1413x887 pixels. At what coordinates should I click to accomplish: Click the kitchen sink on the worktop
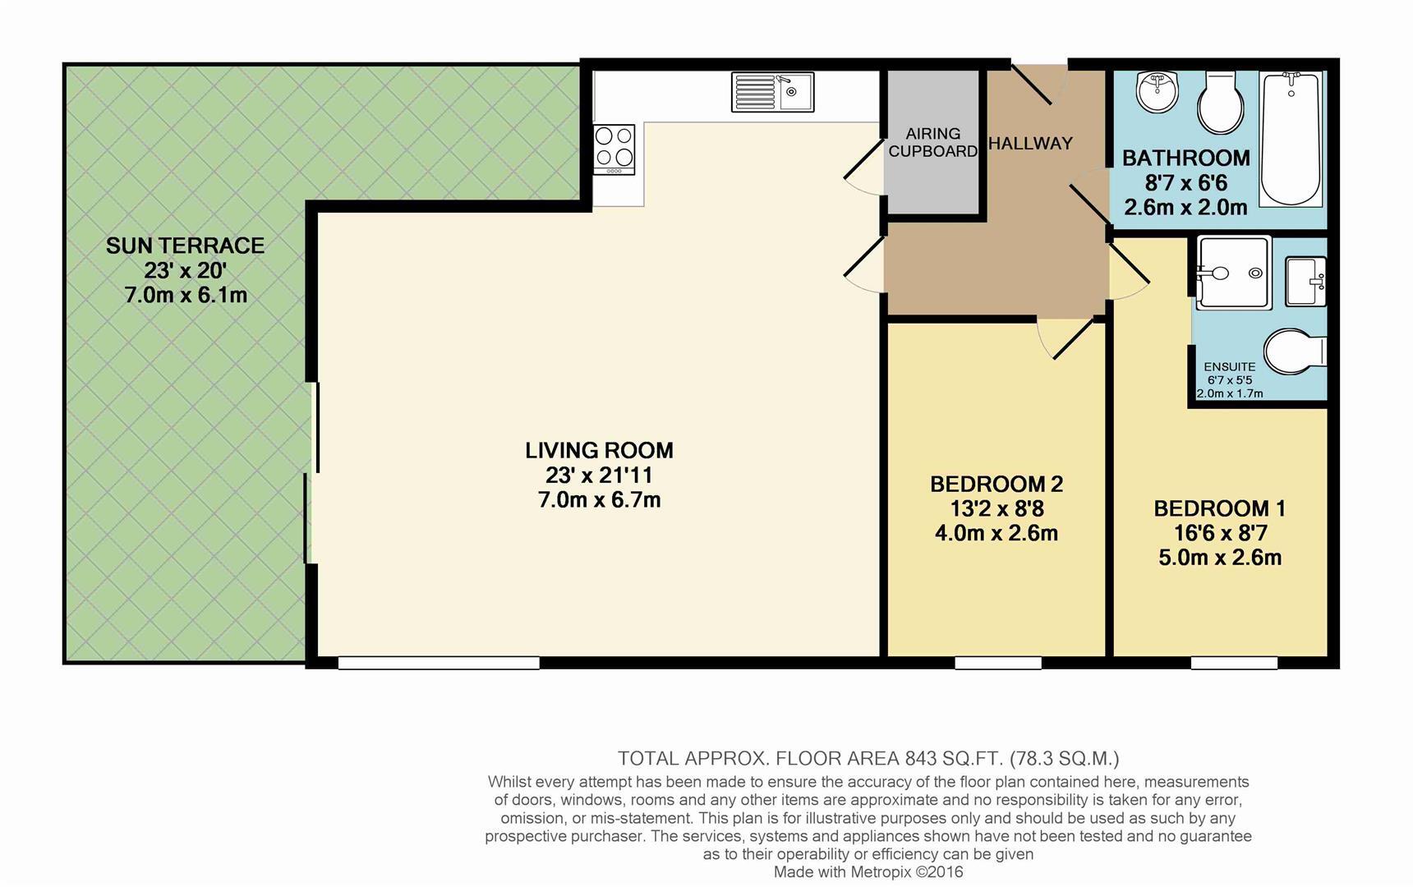click(x=772, y=92)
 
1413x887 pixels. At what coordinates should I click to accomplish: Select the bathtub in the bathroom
click(x=1291, y=138)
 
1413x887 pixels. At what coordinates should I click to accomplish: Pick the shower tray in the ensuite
click(x=1234, y=273)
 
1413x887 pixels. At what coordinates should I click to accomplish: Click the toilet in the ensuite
click(x=1293, y=352)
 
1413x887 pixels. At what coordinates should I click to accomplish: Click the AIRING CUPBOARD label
click(x=932, y=142)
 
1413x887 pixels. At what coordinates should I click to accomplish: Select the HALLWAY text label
click(x=1030, y=144)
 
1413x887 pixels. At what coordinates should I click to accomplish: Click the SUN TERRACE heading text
click(x=185, y=246)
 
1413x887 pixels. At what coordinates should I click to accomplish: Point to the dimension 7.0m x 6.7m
click(x=599, y=499)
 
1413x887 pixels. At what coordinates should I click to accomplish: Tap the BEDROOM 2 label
click(x=996, y=484)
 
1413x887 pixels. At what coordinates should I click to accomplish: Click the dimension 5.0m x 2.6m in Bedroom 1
click(x=1219, y=558)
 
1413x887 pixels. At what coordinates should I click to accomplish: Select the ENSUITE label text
click(x=1229, y=367)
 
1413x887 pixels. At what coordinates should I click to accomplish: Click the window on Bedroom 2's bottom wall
click(x=997, y=662)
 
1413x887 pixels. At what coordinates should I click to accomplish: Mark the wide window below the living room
click(x=439, y=662)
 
